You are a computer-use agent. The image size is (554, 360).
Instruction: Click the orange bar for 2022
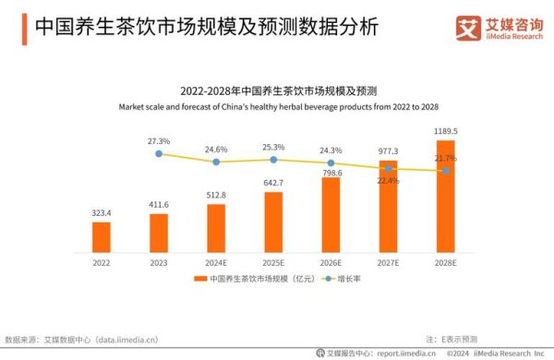pyautogui.click(x=102, y=237)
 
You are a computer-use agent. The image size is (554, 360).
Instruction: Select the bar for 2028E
pyautogui.click(x=446, y=197)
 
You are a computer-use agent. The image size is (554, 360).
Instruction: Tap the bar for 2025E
pyautogui.click(x=273, y=222)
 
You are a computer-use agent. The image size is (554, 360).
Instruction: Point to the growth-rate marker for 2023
pyautogui.click(x=159, y=154)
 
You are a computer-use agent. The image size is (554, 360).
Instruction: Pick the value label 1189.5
pyautogui.click(x=446, y=131)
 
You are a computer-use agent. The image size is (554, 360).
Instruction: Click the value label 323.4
pyautogui.click(x=102, y=213)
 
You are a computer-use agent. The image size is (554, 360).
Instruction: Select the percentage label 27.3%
pyautogui.click(x=159, y=140)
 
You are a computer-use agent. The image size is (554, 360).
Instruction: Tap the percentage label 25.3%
pyautogui.click(x=273, y=147)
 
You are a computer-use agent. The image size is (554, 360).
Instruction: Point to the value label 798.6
pyautogui.click(x=331, y=172)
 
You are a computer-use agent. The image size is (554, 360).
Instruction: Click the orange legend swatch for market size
pyautogui.click(x=200, y=278)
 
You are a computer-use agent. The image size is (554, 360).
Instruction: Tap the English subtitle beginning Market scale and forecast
pyautogui.click(x=276, y=107)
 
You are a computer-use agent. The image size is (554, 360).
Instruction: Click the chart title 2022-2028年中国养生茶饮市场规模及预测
pyautogui.click(x=276, y=91)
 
